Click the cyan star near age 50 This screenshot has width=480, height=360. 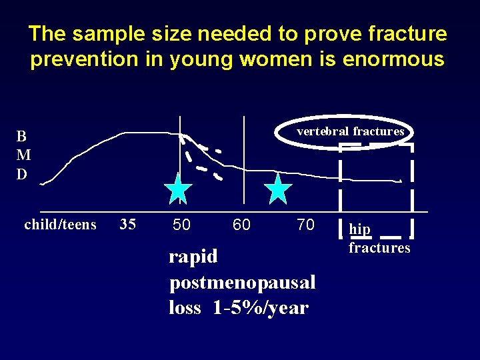coord(178,189)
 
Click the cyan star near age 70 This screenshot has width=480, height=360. coord(278,189)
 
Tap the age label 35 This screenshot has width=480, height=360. coord(127,225)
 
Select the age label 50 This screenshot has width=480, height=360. coord(181,225)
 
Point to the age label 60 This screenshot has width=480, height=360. coord(241,225)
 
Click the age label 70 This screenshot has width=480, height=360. coord(305,225)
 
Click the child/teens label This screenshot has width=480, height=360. coord(60,225)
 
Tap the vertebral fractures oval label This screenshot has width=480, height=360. coord(351,131)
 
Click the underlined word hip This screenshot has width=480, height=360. coord(360,229)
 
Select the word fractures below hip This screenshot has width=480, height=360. coord(379,248)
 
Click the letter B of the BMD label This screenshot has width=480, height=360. coord(22,137)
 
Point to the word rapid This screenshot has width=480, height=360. coord(193,257)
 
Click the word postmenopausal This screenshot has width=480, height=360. coord(243,283)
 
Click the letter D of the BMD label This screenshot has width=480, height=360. coord(22,175)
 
